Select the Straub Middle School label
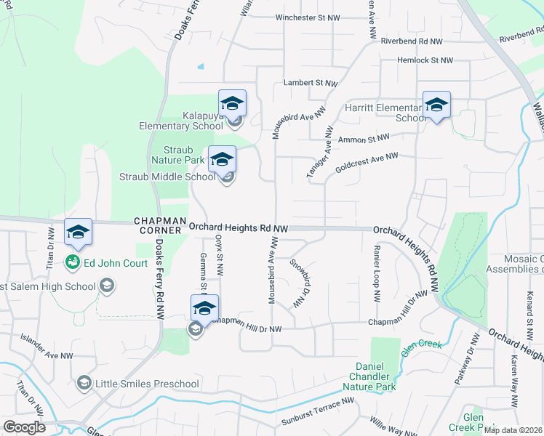167,177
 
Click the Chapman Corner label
157,225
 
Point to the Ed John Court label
116,263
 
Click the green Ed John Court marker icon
73,262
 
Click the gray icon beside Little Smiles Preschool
84,383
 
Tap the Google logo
23,427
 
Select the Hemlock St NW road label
425,60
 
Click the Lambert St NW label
311,84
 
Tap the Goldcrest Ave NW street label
367,162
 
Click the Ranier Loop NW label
377,273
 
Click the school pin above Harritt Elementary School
436,105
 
